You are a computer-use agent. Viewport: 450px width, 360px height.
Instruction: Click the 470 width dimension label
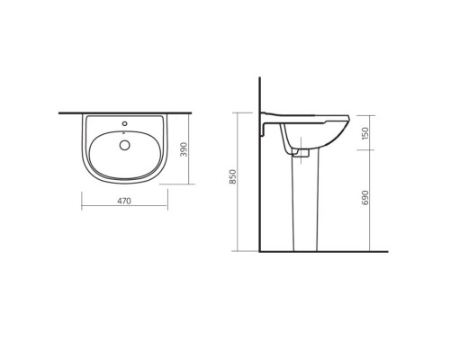[x=124, y=201]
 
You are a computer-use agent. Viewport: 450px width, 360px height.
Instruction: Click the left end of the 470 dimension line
[x=82, y=208]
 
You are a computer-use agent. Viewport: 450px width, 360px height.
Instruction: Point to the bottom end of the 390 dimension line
[x=193, y=183]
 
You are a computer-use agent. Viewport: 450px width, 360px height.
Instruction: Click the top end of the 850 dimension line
[x=238, y=112]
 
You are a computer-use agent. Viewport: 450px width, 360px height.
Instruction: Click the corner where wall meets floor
[x=259, y=251]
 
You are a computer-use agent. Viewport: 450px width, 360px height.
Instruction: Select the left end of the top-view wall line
[x=59, y=113]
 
